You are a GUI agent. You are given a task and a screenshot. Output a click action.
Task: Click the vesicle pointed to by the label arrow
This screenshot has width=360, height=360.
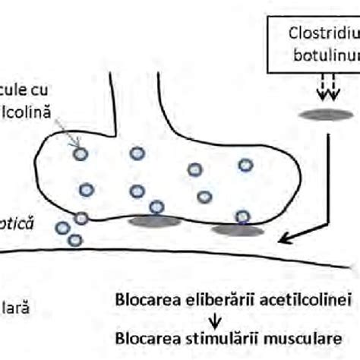point(81,153)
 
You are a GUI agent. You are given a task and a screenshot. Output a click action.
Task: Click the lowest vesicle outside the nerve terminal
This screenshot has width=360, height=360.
point(74,240)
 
